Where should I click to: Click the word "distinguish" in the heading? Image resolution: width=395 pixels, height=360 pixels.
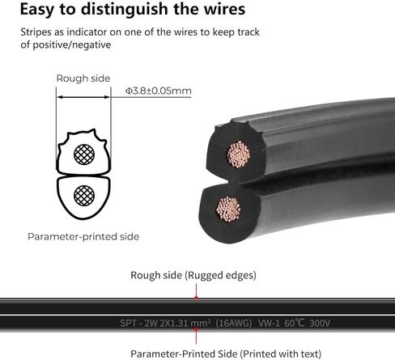click(x=125, y=10)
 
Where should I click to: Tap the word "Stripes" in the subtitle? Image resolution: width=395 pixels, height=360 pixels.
click(x=36, y=32)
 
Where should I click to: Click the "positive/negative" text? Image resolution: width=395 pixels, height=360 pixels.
click(x=72, y=44)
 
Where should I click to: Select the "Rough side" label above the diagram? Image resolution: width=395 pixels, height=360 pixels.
click(x=83, y=78)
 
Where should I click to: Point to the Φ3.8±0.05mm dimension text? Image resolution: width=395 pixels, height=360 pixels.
click(x=159, y=91)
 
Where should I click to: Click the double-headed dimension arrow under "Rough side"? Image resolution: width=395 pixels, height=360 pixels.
click(x=83, y=97)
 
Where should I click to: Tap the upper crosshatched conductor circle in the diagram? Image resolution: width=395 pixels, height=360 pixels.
click(x=84, y=155)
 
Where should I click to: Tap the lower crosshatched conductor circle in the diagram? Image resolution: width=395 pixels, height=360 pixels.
click(x=84, y=196)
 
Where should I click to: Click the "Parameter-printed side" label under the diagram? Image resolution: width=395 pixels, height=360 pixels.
click(x=83, y=237)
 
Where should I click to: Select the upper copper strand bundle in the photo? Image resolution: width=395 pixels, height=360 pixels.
click(x=239, y=154)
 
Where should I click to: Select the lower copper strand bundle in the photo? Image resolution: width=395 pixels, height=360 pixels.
click(x=228, y=209)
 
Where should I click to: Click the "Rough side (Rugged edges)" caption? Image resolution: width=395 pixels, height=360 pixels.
click(x=193, y=275)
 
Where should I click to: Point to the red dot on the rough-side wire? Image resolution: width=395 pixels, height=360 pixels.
click(x=196, y=298)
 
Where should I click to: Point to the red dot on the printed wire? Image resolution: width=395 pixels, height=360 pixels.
click(x=196, y=329)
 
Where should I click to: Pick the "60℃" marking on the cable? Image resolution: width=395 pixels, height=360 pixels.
click(x=295, y=323)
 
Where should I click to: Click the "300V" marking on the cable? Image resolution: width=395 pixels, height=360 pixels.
click(x=320, y=323)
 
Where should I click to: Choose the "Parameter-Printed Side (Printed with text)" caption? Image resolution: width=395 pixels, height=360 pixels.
click(x=226, y=354)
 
